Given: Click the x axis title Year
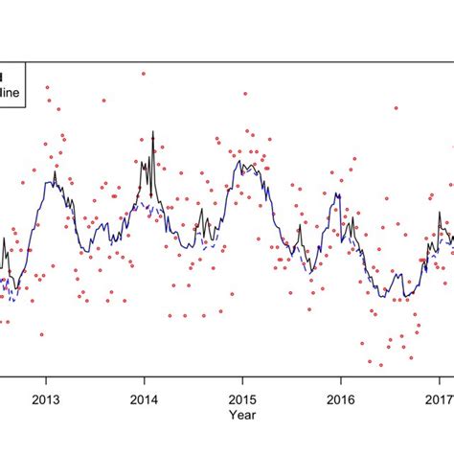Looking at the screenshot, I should (x=241, y=416).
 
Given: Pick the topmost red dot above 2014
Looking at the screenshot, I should (x=143, y=73).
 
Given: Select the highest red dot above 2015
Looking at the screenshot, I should (x=245, y=94).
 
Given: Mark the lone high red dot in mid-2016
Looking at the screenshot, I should (x=396, y=108).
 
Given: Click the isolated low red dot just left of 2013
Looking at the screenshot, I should (x=41, y=334).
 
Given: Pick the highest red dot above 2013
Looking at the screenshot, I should (x=47, y=87).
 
